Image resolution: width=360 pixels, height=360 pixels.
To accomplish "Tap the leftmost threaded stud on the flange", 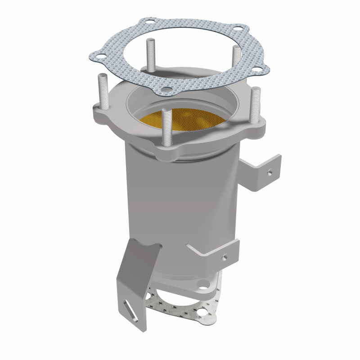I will click(101, 93).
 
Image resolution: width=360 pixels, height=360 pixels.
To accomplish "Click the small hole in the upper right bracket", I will click(269, 171).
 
